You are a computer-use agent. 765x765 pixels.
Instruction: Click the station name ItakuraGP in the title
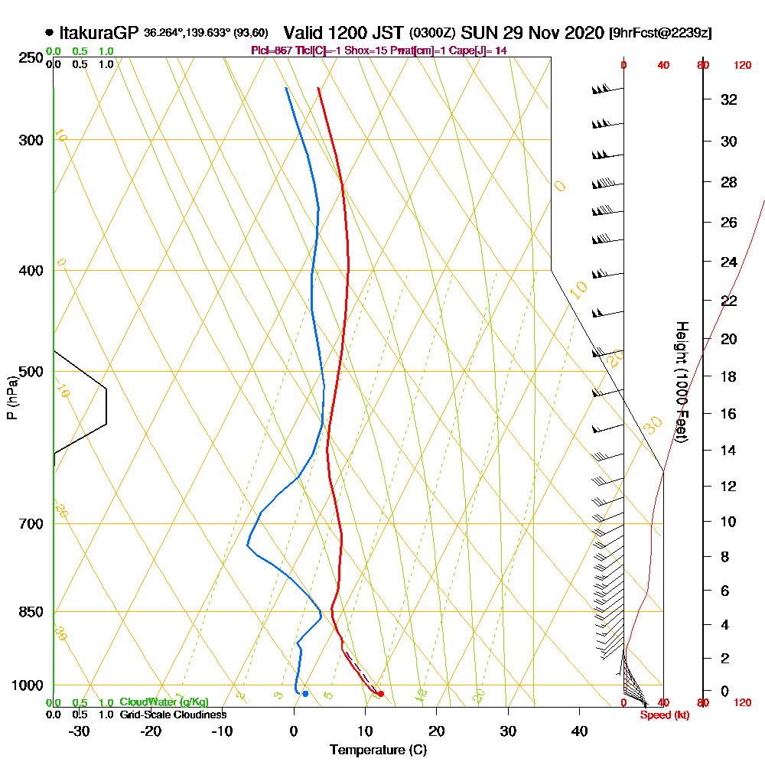[x=100, y=34]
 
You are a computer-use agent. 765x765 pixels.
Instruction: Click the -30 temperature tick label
[x=79, y=731]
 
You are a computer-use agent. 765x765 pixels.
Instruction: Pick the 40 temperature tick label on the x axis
[x=580, y=731]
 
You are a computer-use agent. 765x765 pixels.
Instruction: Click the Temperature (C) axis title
[x=378, y=750]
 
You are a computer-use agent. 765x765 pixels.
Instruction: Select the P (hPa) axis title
[x=11, y=398]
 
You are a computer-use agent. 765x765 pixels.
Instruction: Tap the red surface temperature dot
[x=380, y=694]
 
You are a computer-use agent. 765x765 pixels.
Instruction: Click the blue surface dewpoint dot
[x=305, y=694]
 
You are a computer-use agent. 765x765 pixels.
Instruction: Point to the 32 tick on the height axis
[x=729, y=99]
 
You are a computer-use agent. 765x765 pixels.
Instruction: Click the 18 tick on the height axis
[x=729, y=376]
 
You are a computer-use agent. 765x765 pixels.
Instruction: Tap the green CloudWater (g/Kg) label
[x=164, y=702]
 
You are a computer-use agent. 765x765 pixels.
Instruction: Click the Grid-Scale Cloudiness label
[x=172, y=715]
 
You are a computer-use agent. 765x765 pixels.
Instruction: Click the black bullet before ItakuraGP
[x=50, y=34]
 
